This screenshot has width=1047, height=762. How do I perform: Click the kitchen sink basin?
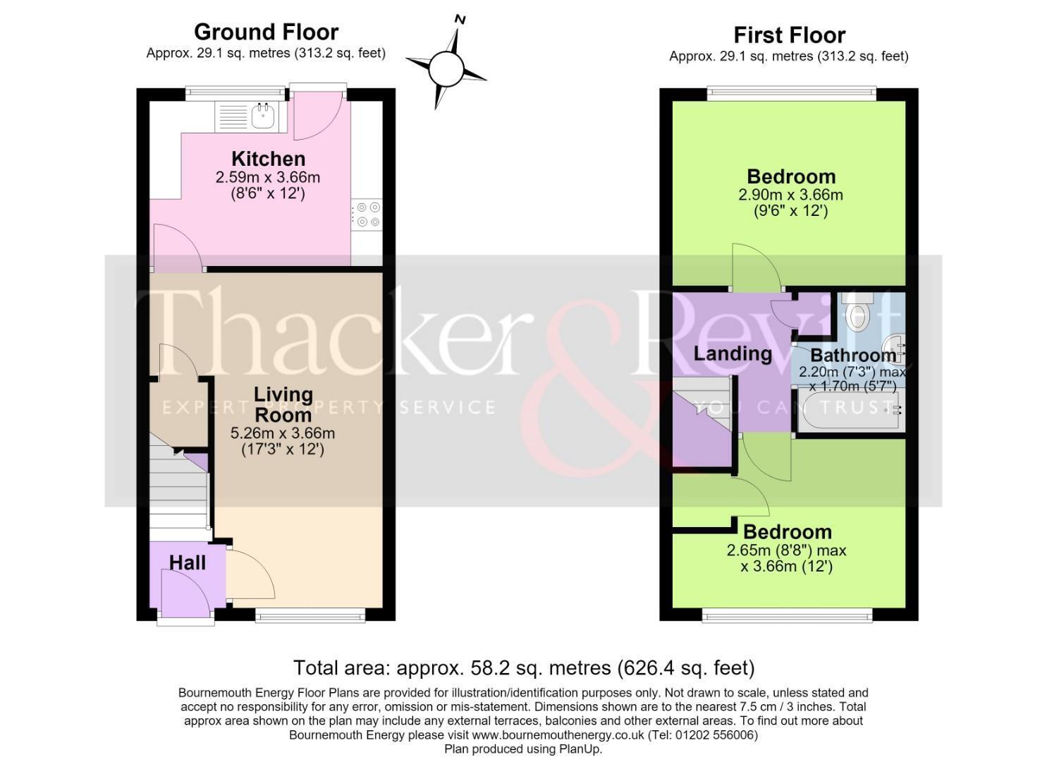262,116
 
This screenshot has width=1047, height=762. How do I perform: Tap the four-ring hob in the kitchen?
367,214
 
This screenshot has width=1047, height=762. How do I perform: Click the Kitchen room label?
269,159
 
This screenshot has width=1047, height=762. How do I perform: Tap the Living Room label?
283,405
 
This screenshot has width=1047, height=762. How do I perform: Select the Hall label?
188,563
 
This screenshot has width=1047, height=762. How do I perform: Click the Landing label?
733,354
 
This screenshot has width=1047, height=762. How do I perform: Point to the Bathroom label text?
854,356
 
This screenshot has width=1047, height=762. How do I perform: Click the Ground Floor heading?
267,32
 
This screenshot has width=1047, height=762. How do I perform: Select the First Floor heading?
790,35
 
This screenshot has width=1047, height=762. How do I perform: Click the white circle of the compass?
446,69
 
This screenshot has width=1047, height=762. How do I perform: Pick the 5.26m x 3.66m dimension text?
283,433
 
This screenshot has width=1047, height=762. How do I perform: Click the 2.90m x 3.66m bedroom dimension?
791,195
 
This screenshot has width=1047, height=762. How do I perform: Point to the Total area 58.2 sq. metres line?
524,667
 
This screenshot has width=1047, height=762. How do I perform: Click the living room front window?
310,615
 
